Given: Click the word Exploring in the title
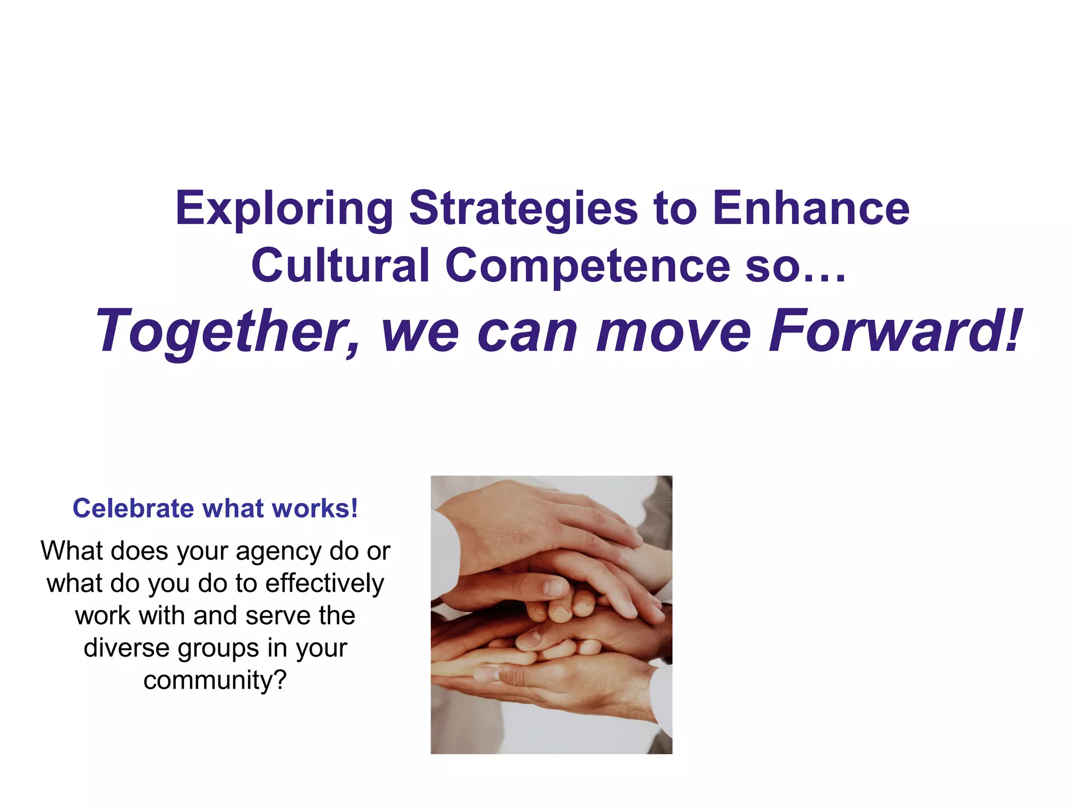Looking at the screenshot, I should [284, 209].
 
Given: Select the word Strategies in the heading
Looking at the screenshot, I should [523, 209].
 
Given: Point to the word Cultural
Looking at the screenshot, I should [340, 265].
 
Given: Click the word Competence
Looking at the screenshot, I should [587, 266].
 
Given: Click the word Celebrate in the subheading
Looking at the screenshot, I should [133, 509].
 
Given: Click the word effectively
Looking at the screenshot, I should [324, 583].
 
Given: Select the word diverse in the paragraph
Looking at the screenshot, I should [126, 648].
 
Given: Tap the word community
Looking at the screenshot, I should [208, 680].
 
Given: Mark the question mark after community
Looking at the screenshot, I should [280, 680].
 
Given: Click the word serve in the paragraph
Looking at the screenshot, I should [278, 616].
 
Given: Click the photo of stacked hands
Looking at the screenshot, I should [551, 614].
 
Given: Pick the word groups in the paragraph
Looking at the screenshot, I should [219, 649].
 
